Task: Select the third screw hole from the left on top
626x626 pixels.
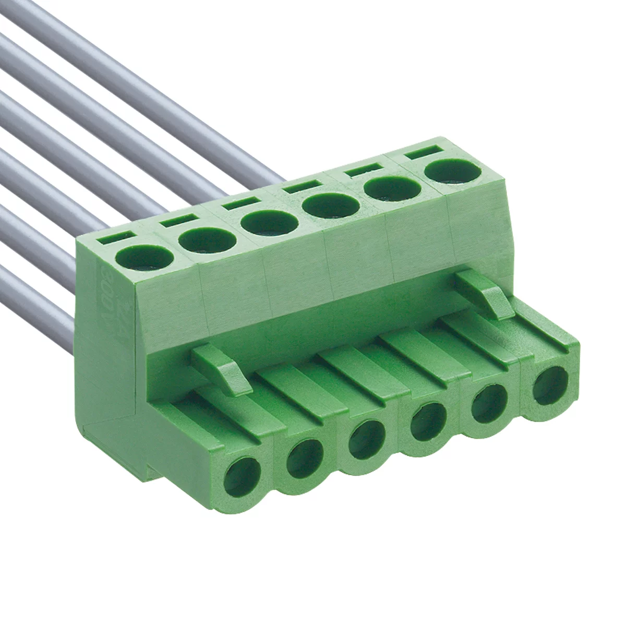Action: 269,222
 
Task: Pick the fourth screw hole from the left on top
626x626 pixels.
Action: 332,205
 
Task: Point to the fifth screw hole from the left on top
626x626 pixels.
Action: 393,188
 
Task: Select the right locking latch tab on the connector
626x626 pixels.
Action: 486,295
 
